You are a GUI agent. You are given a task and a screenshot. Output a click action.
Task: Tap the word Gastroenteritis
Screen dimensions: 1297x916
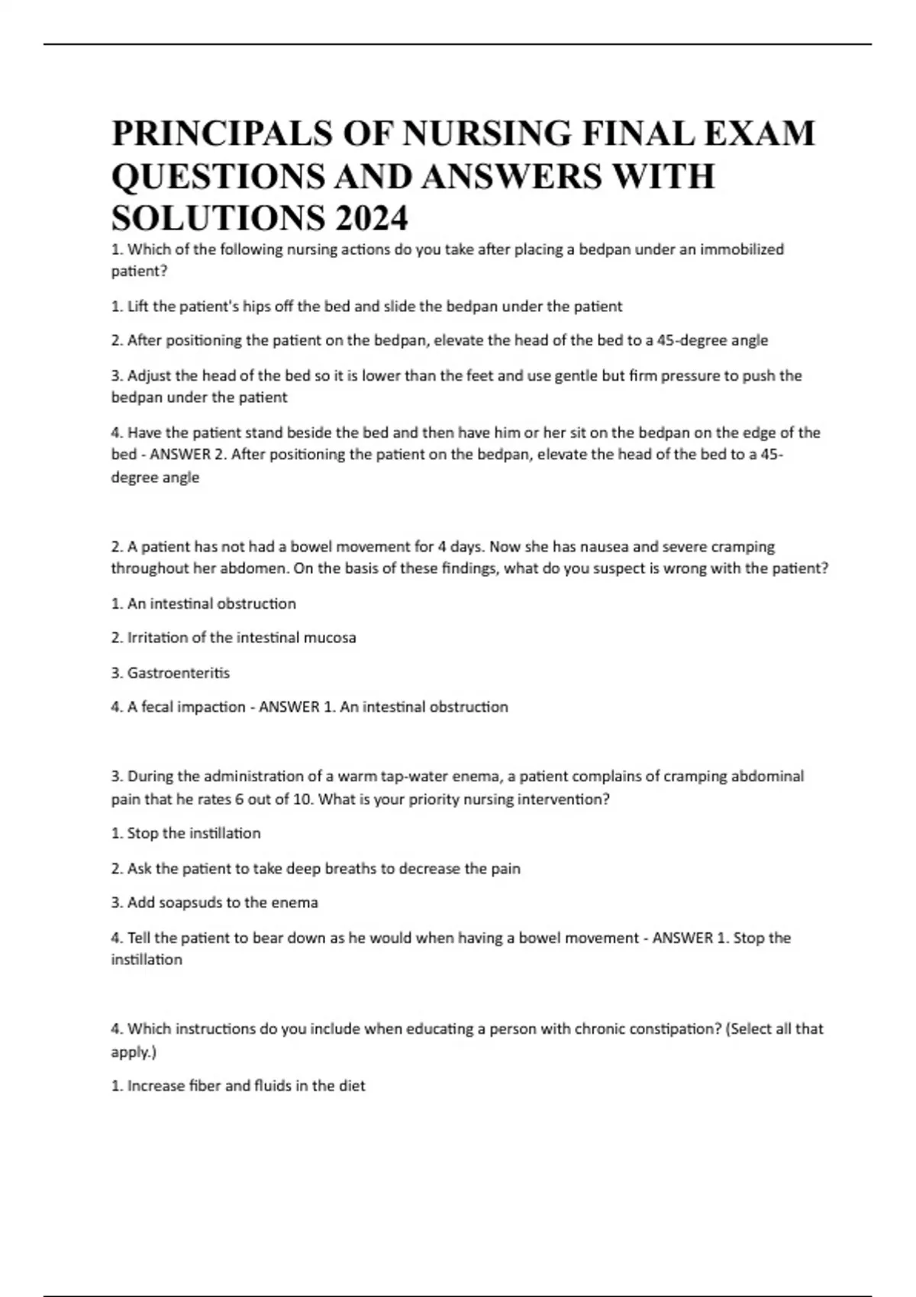click(178, 673)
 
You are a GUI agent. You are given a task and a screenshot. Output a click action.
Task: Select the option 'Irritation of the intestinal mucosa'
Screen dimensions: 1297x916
click(234, 638)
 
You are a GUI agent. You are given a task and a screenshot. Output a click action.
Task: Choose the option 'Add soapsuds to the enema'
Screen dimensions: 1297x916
click(214, 903)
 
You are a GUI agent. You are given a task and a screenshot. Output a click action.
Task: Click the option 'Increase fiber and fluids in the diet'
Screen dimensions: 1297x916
click(238, 1086)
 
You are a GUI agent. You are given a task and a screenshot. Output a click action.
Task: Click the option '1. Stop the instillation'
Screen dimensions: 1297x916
click(185, 833)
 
